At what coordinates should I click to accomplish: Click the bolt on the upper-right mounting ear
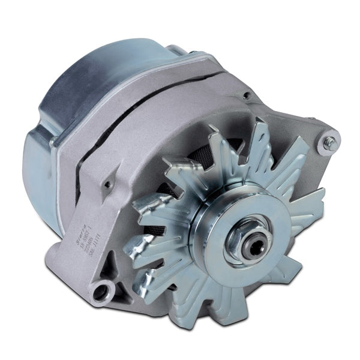pos(329,143)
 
